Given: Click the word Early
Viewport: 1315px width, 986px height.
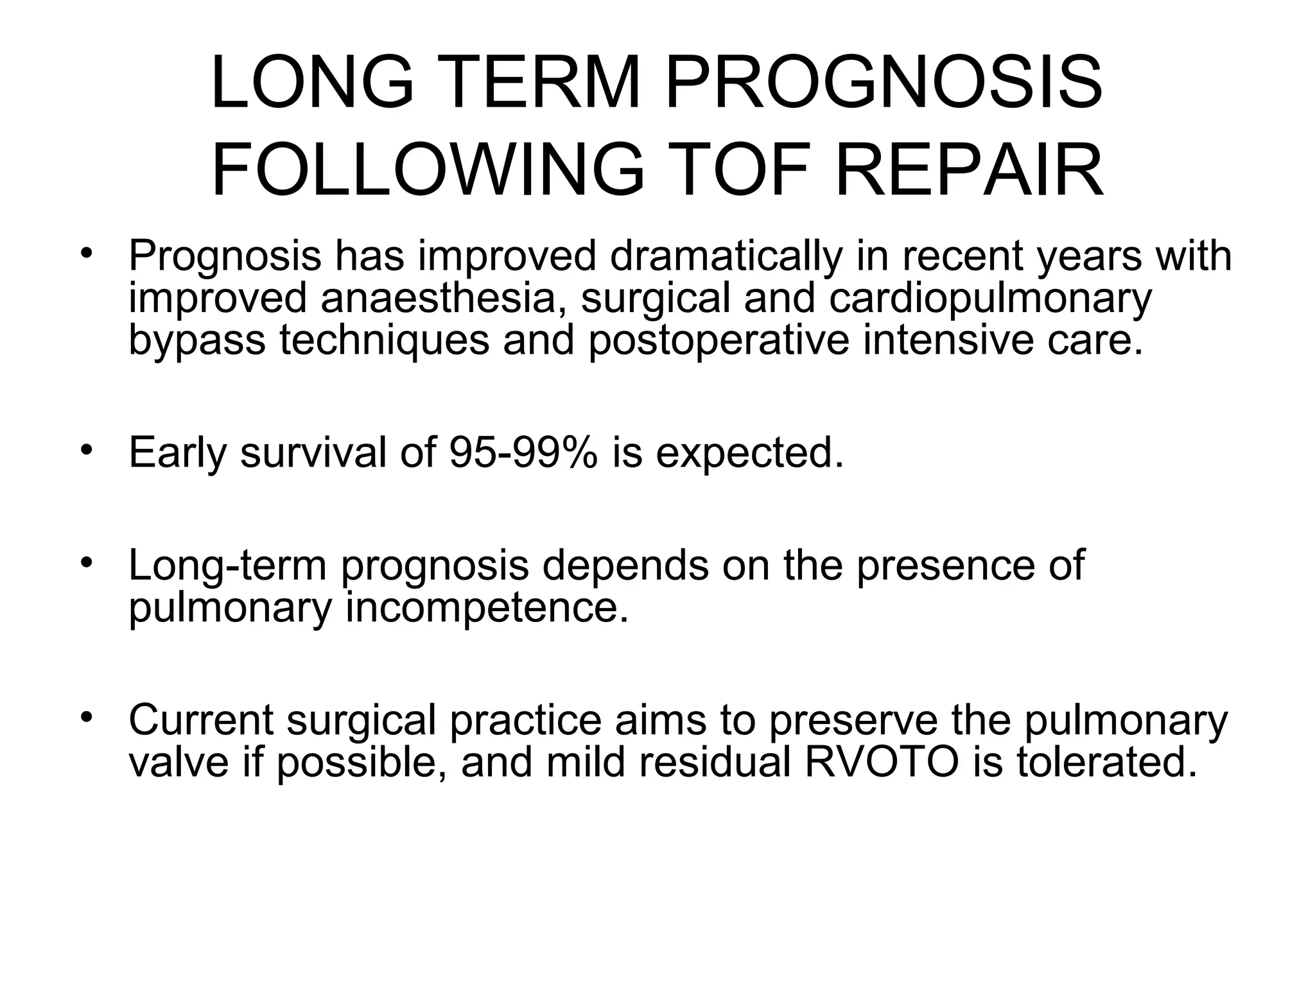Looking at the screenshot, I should (177, 453).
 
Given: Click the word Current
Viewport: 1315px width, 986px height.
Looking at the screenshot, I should (201, 721).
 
